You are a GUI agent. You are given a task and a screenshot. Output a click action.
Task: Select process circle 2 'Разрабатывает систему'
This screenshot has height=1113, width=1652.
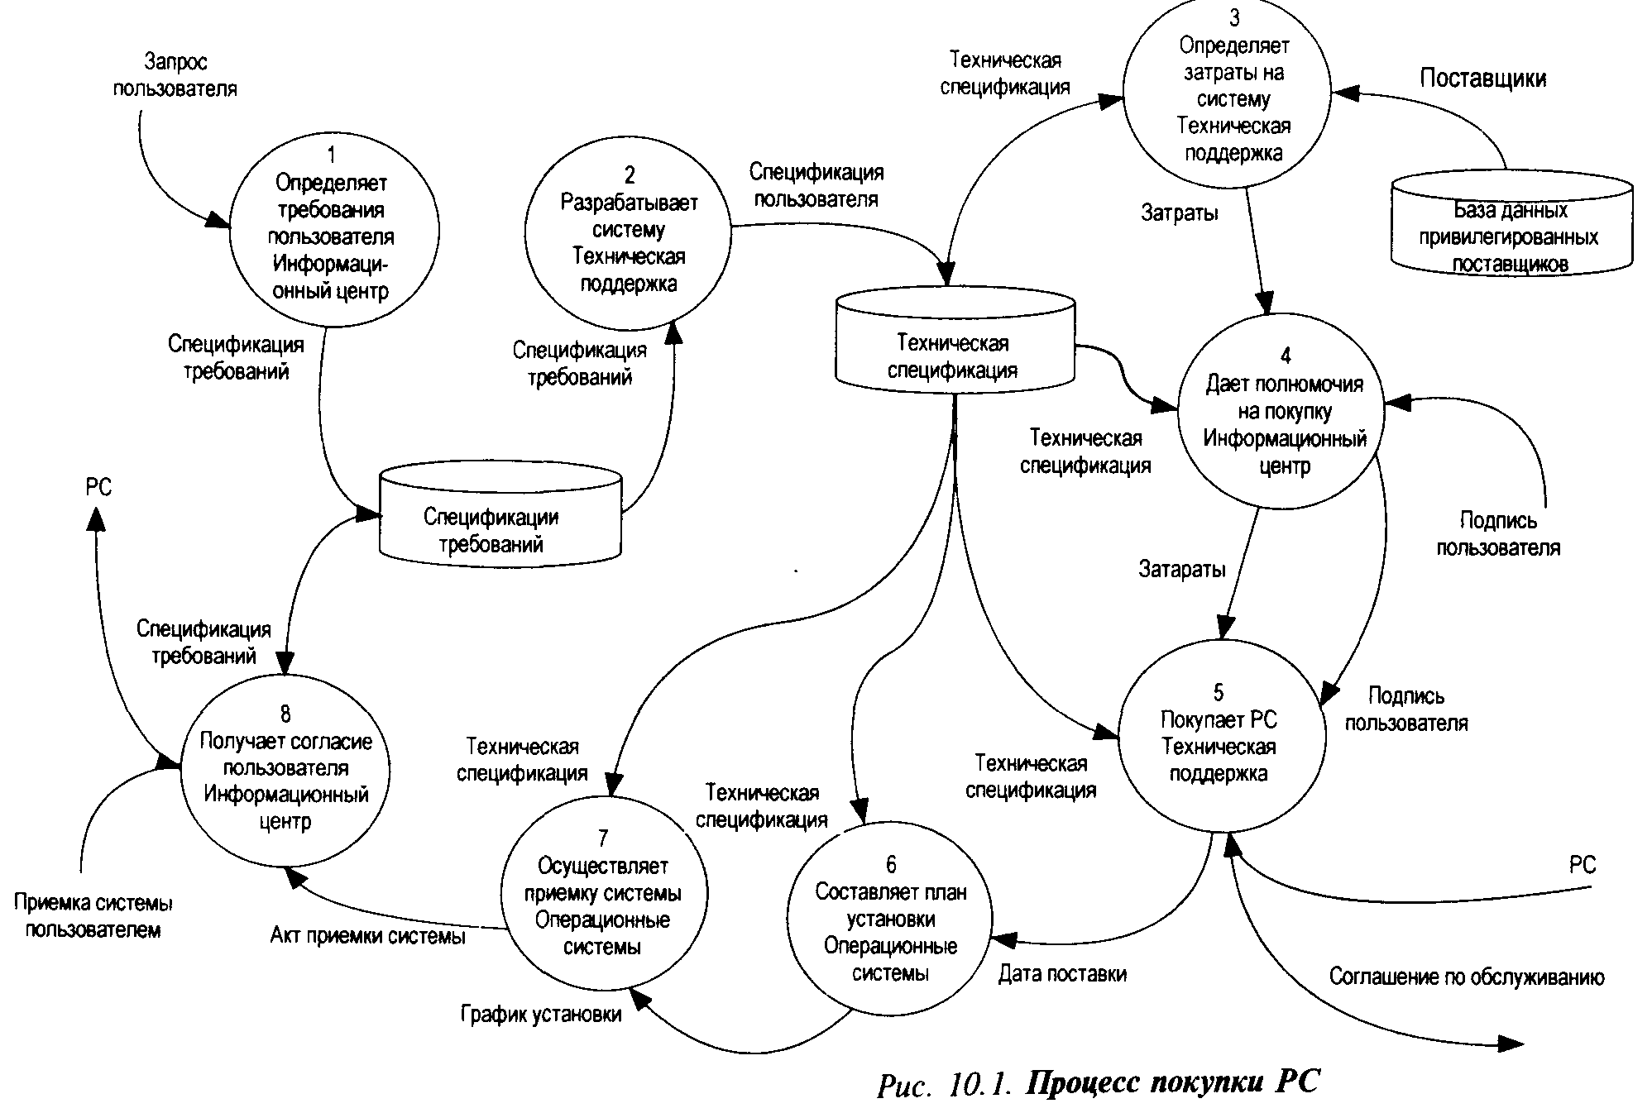(628, 233)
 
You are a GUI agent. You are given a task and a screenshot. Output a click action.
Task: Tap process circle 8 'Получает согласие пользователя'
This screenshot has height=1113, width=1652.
(285, 769)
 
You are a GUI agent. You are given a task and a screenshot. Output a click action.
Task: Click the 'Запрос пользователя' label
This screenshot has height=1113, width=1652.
(175, 75)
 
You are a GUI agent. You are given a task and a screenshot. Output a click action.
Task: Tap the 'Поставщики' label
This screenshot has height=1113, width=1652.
(1482, 79)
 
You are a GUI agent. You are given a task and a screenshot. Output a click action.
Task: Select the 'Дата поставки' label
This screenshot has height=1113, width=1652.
(1062, 974)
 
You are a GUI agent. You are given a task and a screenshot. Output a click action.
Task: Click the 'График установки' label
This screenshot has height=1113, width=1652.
(541, 1014)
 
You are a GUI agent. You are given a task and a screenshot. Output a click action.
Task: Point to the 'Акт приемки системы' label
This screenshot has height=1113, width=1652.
(368, 935)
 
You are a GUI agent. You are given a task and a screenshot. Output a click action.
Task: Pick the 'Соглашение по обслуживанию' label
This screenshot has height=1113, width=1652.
(1467, 977)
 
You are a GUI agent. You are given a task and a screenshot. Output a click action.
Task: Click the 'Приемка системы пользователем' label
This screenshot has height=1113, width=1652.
(93, 916)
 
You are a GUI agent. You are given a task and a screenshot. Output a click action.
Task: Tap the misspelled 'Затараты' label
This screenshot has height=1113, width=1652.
(1182, 569)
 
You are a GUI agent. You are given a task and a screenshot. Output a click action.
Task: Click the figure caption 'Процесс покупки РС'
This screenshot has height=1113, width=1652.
(1172, 1083)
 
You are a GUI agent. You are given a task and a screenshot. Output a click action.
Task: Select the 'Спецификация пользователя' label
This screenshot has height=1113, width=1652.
(816, 185)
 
